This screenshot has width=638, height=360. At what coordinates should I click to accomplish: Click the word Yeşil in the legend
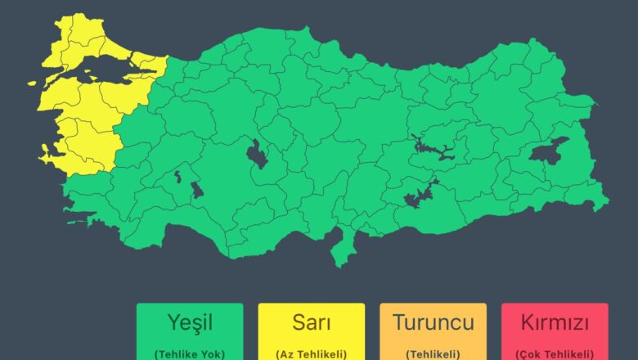coord(190,323)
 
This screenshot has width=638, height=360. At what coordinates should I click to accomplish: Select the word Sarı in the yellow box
coord(312,323)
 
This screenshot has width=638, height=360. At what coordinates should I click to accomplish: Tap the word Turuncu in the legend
coord(433,323)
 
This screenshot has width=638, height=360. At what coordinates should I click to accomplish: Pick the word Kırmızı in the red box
coord(555,323)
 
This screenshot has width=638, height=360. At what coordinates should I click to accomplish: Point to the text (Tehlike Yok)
coord(190,353)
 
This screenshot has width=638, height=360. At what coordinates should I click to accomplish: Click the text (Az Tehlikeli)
coord(312,353)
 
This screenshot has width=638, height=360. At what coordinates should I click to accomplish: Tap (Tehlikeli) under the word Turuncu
coord(433,353)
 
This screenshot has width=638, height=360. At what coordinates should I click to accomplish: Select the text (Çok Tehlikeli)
coord(555,353)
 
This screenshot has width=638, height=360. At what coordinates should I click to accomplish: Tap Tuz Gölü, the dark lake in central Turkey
coord(257,154)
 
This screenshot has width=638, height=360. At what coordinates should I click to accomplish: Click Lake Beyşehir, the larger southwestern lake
coord(197,190)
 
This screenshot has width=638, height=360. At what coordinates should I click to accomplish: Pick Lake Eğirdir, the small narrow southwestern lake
coord(177,176)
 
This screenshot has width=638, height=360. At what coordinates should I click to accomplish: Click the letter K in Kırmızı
coord(527,323)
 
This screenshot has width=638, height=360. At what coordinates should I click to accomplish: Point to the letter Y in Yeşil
coord(173,323)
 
